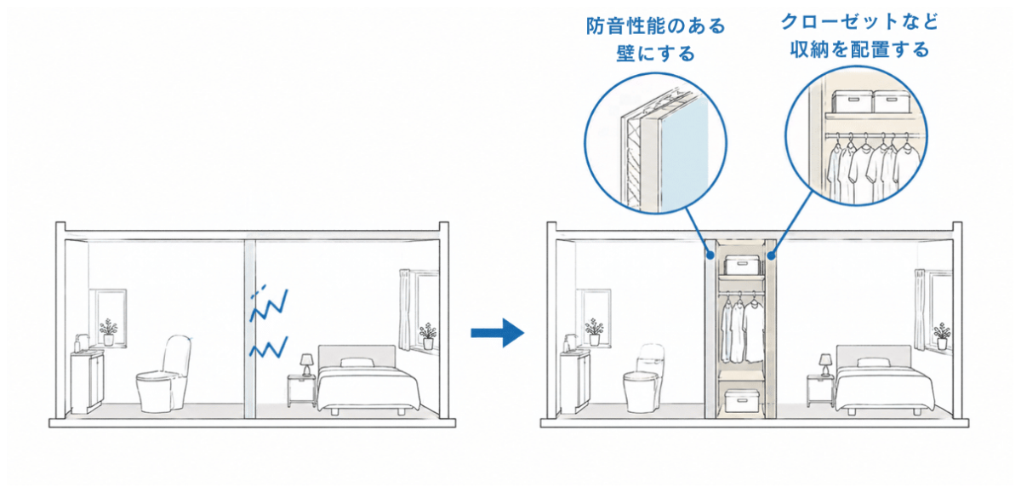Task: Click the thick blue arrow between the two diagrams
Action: pos(497,333)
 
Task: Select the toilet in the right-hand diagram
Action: pos(643,380)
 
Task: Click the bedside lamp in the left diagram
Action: pos(307,364)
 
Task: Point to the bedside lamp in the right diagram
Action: pos(825,364)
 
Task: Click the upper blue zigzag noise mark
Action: pos(269,304)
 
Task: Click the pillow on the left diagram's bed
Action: pos(356,363)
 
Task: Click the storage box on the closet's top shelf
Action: pos(742,265)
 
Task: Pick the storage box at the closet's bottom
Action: pos(742,400)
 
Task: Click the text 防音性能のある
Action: pos(655,26)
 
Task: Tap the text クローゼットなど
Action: pos(859,21)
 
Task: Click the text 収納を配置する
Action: pos(859,49)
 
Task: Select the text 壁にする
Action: pos(655,54)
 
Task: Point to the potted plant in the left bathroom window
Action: pos(109,332)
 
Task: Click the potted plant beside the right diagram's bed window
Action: pos(942,336)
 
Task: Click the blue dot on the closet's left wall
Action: pos(710,255)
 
